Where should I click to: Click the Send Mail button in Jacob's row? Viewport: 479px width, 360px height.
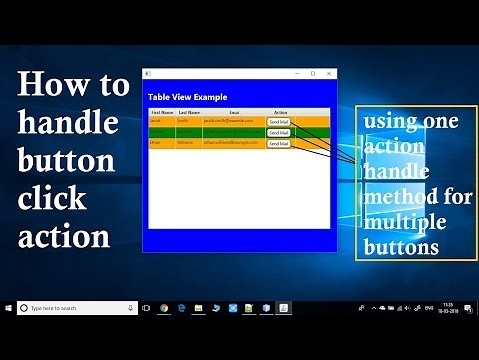tap(278, 121)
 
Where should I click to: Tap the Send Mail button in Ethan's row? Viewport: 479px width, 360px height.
tap(278, 143)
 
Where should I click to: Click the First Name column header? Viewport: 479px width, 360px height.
tap(161, 113)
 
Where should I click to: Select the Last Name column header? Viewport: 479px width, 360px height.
tap(188, 113)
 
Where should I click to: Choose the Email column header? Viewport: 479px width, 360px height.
tap(234, 113)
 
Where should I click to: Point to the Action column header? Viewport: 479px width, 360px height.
tap(280, 113)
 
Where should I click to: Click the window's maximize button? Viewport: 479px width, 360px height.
tap(313, 73)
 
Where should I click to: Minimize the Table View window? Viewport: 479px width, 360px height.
tap(297, 73)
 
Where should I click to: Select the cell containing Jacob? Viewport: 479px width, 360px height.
tap(156, 121)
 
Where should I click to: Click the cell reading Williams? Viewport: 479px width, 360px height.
tap(185, 143)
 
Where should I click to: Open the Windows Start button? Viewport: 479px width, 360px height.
tap(8, 308)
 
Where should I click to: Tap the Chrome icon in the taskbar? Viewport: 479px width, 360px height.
tap(164, 308)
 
